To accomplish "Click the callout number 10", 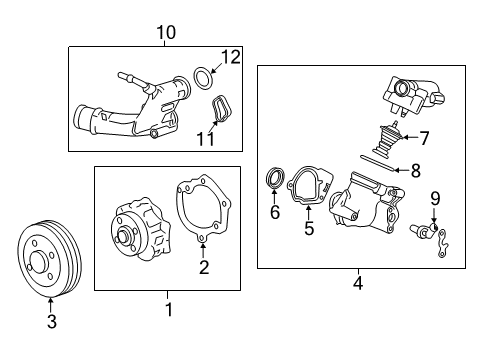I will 166,32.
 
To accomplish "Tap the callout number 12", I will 231,57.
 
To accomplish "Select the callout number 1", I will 168,310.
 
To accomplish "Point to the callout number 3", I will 52,320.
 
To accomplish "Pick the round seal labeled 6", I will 274,180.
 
